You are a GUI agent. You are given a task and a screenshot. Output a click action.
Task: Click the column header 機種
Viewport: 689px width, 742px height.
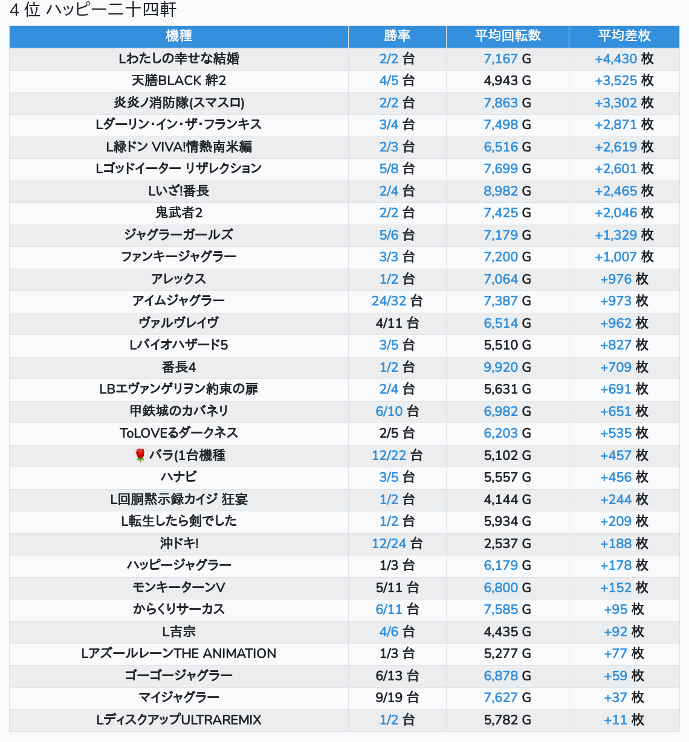179,36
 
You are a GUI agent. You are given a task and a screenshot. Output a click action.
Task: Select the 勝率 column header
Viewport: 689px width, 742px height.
397,36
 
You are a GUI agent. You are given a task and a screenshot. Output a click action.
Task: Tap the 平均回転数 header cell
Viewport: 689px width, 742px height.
508,36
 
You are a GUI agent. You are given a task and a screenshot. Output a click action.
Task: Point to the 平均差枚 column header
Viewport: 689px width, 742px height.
624,36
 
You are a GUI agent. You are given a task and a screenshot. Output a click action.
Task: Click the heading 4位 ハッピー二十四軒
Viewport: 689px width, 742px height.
92,9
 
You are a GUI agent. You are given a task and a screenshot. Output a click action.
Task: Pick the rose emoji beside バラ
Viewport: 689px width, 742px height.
140,455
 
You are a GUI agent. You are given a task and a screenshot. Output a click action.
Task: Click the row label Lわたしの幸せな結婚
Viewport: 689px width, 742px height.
179,59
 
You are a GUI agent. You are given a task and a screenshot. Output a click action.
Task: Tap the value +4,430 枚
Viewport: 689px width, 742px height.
624,59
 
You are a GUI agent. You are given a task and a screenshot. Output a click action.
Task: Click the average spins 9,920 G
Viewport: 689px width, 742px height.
507,367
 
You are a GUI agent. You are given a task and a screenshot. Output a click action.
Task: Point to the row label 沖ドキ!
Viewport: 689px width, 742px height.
179,543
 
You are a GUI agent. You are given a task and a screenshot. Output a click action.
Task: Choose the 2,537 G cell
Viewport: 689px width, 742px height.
507,543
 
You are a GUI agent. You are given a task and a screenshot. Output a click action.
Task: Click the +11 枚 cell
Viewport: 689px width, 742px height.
624,720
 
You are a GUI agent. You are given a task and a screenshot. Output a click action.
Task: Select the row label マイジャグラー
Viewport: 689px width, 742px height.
179,697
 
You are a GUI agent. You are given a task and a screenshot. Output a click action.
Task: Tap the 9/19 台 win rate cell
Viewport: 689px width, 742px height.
397,697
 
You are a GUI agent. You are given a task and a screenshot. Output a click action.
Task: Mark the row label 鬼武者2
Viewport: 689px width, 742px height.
179,213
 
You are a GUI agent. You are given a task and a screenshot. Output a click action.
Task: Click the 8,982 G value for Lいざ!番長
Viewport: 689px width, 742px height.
507,191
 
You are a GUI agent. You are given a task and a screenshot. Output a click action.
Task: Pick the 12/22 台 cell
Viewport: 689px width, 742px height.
397,455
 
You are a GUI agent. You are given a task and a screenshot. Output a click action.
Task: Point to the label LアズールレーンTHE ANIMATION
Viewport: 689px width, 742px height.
179,653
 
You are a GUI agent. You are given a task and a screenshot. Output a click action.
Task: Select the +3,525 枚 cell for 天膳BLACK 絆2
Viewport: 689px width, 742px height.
624,81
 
